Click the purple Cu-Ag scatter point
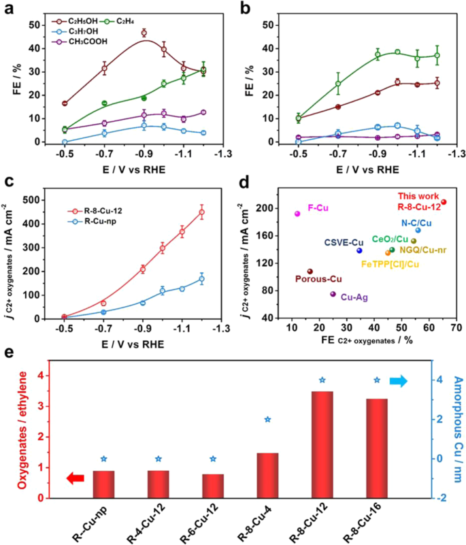[x=333, y=294]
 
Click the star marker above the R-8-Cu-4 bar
[x=267, y=420]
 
